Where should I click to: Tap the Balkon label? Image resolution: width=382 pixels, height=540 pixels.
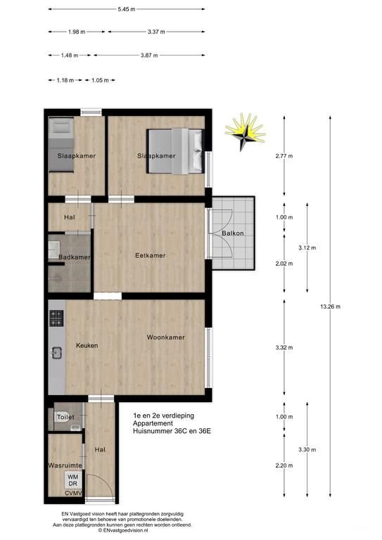(233, 233)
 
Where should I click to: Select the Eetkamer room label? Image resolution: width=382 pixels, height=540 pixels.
(151, 255)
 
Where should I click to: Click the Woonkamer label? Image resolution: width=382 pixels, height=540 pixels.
(166, 337)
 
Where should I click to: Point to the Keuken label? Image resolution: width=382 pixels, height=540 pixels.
(87, 345)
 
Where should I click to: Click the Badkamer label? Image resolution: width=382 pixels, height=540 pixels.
(74, 258)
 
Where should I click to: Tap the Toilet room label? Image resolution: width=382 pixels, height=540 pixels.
(66, 417)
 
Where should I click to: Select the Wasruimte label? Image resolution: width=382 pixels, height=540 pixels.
(65, 465)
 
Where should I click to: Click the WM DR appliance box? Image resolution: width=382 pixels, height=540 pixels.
(72, 480)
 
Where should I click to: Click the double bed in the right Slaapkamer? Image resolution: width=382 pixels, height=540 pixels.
(175, 150)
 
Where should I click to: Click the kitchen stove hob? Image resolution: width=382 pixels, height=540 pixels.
(57, 319)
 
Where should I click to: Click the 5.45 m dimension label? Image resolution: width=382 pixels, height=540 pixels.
(127, 10)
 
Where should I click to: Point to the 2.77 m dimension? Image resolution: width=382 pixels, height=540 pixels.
(284, 156)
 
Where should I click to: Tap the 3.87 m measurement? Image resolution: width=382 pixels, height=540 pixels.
(147, 55)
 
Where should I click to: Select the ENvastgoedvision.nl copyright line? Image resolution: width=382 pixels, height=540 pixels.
(127, 531)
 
